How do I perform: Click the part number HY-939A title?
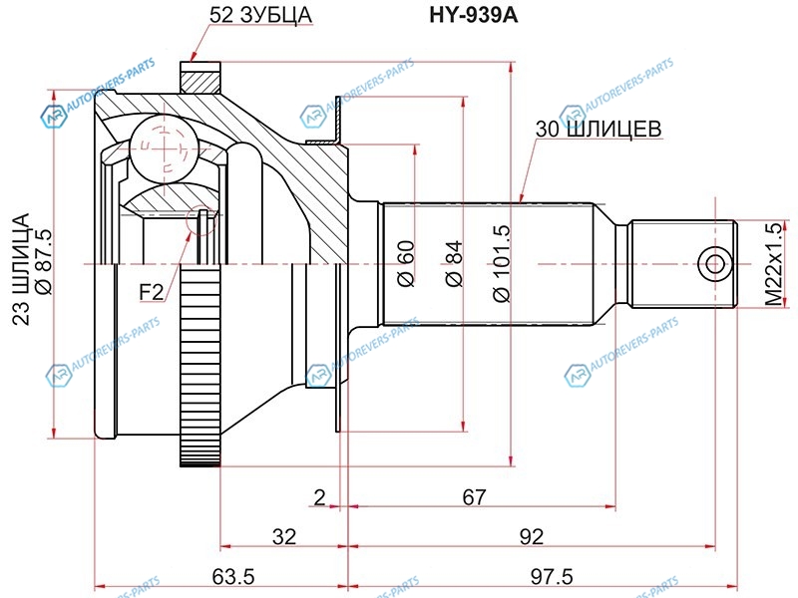pyautogui.click(x=473, y=15)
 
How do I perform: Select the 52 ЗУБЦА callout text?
pyautogui.click(x=260, y=15)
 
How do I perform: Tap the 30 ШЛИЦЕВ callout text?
pyautogui.click(x=598, y=129)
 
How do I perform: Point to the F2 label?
pyautogui.click(x=152, y=292)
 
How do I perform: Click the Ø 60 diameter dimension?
pyautogui.click(x=407, y=263)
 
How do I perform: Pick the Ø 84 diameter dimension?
pyautogui.click(x=454, y=263)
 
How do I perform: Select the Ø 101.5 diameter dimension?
pyautogui.click(x=502, y=263)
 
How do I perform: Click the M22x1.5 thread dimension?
pyautogui.click(x=774, y=264)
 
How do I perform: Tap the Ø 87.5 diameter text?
pyautogui.click(x=43, y=262)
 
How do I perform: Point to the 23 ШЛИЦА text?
pyautogui.click(x=21, y=269)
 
